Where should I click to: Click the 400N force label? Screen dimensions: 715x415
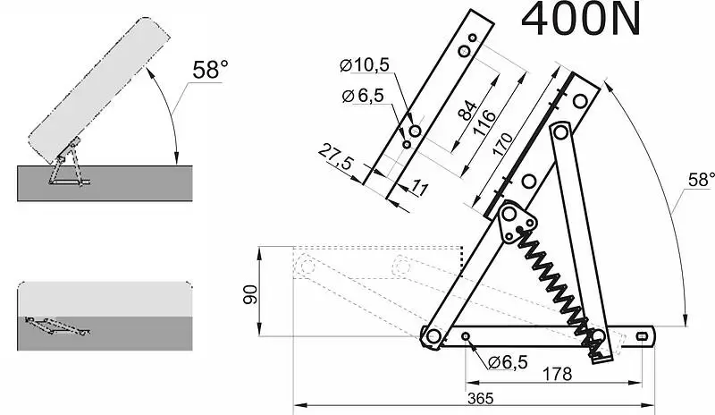(x=580, y=20)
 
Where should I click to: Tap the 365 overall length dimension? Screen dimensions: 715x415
(x=481, y=399)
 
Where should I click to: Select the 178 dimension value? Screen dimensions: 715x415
(x=557, y=375)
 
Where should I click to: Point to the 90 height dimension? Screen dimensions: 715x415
(x=250, y=294)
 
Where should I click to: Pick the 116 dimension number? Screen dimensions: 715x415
(x=484, y=123)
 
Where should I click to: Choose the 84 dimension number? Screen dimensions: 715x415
(x=467, y=111)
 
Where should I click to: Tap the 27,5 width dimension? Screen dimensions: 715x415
(x=336, y=157)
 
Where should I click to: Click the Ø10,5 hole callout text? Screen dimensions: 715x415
(x=365, y=65)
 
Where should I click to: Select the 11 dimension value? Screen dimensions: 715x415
(x=420, y=187)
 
